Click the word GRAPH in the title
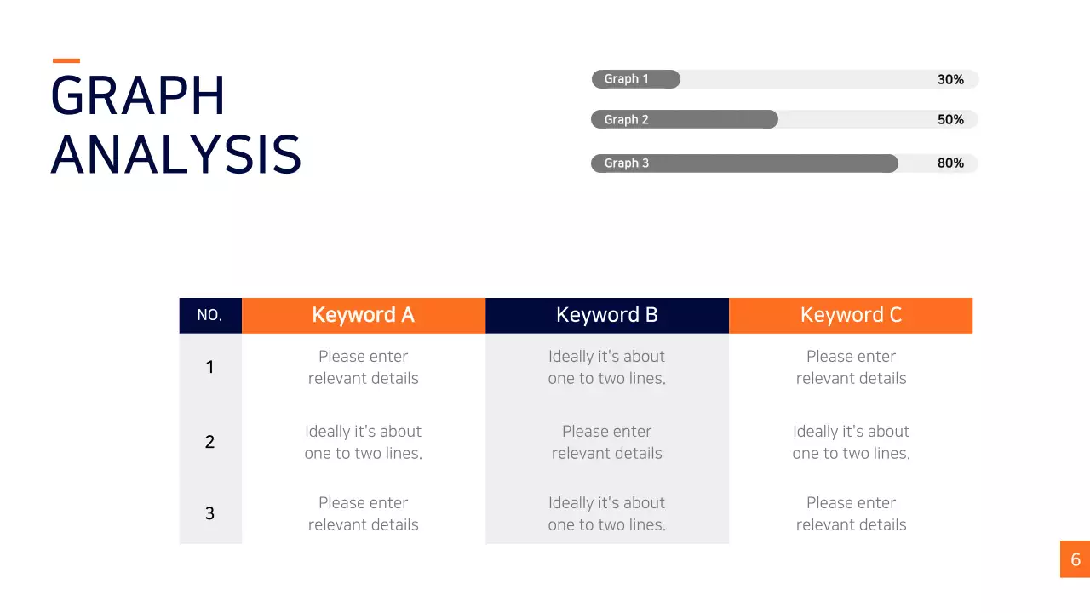[x=138, y=95]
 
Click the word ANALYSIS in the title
[x=176, y=155]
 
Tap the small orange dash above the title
[x=66, y=60]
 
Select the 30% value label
[x=950, y=79]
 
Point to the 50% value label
[x=950, y=120]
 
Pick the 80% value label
[x=950, y=163]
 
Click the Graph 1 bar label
[x=626, y=79]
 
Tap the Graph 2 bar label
[x=626, y=120]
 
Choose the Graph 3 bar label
[x=626, y=163]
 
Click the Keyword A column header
[x=364, y=315]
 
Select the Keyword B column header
[x=607, y=315]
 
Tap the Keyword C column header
[x=851, y=315]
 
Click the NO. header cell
[x=210, y=315]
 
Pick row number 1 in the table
[x=209, y=367]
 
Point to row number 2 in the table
[x=209, y=442]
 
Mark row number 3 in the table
[x=209, y=513]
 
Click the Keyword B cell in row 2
[x=607, y=442]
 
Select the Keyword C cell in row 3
[x=851, y=513]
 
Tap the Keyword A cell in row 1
[x=364, y=367]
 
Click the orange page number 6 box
[x=1075, y=559]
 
